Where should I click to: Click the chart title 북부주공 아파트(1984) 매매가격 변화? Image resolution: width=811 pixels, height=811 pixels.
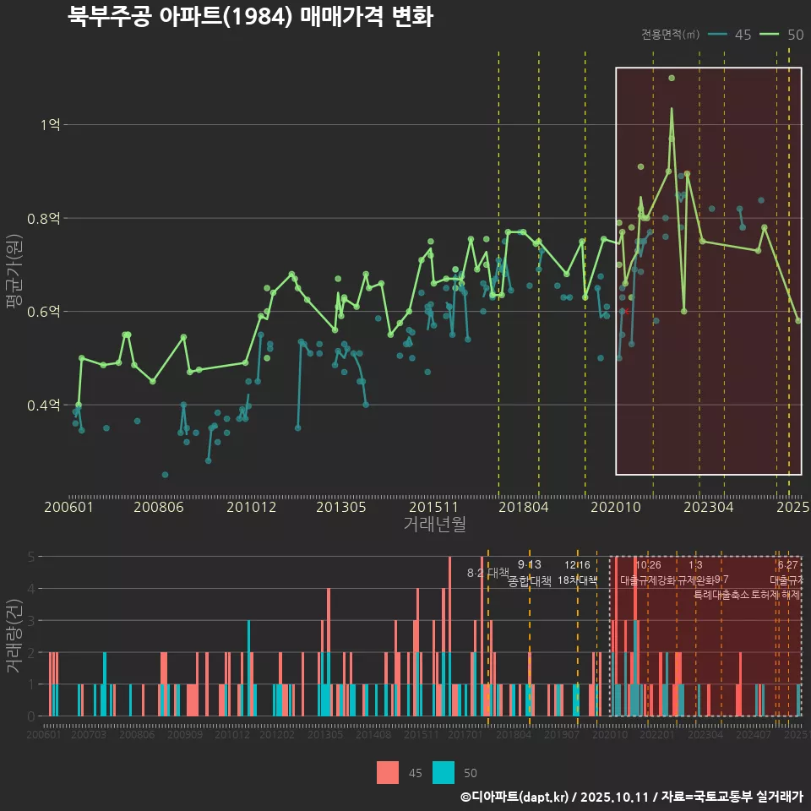(250, 17)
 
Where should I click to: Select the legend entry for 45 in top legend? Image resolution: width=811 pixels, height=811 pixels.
(731, 35)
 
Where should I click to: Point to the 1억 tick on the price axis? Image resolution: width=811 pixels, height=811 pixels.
(50, 124)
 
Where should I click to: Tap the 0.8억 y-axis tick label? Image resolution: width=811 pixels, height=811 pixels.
(45, 218)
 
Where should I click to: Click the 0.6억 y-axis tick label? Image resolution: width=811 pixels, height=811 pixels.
(45, 312)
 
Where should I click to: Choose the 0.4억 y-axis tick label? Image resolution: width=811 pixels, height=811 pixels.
(45, 405)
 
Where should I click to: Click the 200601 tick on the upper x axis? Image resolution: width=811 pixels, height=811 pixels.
(68, 508)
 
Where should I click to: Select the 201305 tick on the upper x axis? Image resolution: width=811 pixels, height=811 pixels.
(340, 508)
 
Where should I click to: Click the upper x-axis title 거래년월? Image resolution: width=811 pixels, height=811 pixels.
(434, 524)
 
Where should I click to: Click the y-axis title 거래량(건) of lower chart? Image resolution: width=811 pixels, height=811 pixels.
(14, 635)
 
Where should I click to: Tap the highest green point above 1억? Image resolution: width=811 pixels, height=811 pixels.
(672, 78)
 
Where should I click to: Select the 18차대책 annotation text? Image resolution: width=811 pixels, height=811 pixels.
(578, 580)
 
